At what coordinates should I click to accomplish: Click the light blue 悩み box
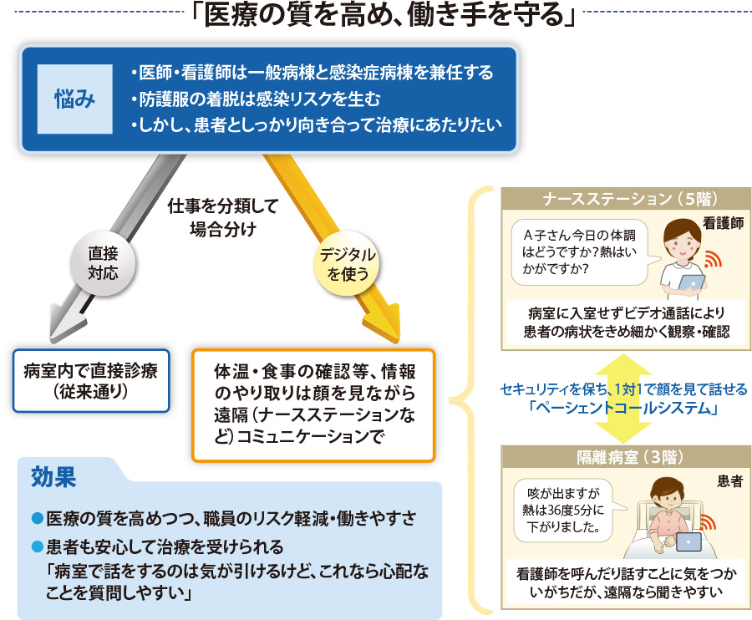click(x=75, y=99)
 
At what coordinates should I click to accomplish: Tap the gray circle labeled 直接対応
click(x=103, y=263)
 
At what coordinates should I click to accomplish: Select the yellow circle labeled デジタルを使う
click(x=347, y=264)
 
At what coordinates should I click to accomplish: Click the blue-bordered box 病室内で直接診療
click(x=91, y=381)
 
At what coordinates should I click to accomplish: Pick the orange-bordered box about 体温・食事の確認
click(x=313, y=405)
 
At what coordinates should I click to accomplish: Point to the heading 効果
click(x=53, y=477)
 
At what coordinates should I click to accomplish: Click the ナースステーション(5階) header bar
click(x=625, y=199)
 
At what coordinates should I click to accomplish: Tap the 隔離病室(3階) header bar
click(x=625, y=457)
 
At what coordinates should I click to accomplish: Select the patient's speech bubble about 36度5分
click(x=566, y=511)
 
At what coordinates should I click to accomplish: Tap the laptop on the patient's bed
click(x=688, y=541)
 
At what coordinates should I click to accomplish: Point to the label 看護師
click(x=723, y=223)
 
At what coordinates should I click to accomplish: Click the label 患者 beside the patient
click(x=729, y=481)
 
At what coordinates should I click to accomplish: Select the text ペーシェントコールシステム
click(x=623, y=408)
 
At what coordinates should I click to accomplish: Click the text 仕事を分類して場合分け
click(x=223, y=217)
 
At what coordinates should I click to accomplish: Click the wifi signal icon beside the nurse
click(x=713, y=260)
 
